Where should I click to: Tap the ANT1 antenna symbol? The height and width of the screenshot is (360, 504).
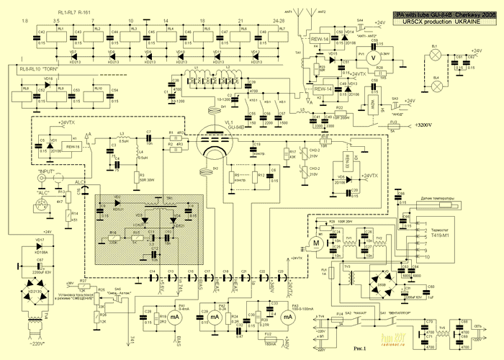click(x=303, y=19)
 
